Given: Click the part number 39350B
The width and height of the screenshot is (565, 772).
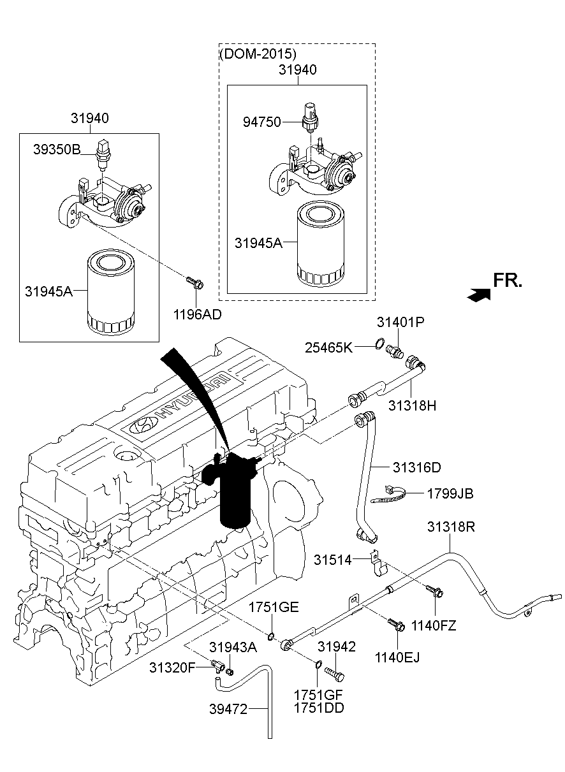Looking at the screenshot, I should tap(57, 150).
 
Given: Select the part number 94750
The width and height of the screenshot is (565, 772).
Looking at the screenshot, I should tap(261, 122).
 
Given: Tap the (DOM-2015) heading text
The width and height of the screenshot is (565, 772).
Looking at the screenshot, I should tap(258, 54).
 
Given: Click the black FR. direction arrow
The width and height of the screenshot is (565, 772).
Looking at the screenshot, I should tap(478, 294).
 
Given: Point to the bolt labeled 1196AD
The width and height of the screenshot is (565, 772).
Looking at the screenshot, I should tap(193, 281).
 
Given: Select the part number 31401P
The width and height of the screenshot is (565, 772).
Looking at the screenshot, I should tap(400, 323).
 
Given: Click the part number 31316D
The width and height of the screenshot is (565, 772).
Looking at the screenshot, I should tap(416, 467).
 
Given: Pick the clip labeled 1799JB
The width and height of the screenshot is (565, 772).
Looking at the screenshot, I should tap(391, 493).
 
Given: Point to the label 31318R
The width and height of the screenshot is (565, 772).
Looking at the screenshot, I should tap(451, 527).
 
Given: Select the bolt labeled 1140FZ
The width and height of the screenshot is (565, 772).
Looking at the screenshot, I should tap(436, 592).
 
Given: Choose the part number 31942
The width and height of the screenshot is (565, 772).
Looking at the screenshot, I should tap(336, 647).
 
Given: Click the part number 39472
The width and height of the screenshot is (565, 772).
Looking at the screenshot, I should tap(228, 708).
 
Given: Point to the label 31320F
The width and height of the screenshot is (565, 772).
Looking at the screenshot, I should tap(172, 667).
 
